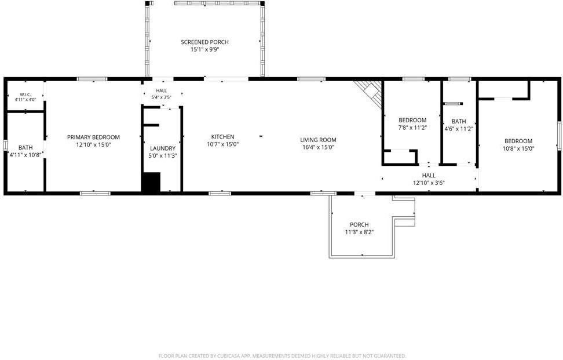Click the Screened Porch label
(x=204, y=42)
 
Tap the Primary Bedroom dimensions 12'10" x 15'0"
(x=93, y=145)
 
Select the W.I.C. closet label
(x=25, y=94)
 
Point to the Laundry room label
(x=163, y=148)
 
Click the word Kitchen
(x=222, y=137)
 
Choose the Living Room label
(x=318, y=140)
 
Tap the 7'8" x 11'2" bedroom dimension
(x=412, y=128)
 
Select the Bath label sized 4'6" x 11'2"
(x=459, y=121)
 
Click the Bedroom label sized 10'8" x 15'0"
(x=518, y=141)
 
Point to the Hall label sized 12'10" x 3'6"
(x=429, y=175)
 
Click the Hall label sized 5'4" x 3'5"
(x=161, y=90)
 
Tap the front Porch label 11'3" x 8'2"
(x=360, y=224)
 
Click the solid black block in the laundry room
(x=151, y=182)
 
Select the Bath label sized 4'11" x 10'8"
(x=25, y=147)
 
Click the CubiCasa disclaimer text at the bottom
(x=282, y=356)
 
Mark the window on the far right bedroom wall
(x=559, y=136)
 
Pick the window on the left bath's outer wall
(x=5, y=145)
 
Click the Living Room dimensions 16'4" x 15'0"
(x=318, y=147)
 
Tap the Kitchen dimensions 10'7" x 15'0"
(x=222, y=144)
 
